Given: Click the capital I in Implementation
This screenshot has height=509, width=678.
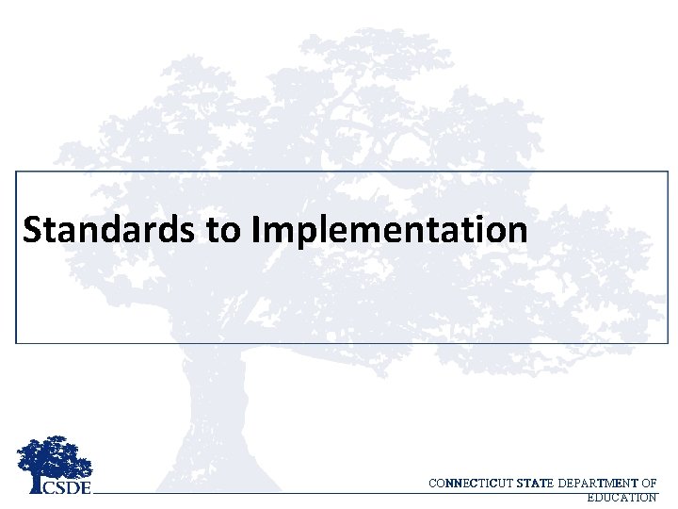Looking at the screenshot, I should pos(257,229).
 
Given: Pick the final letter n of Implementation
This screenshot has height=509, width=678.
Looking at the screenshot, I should pos(517,232).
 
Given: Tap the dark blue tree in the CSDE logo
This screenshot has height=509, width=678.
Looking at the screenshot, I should pos(54,458).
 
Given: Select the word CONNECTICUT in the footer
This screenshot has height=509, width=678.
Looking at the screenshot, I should pos(467,484).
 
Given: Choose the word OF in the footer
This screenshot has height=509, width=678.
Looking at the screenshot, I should pos(649,484).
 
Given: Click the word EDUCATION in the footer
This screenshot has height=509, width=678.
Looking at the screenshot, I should pos(621,498).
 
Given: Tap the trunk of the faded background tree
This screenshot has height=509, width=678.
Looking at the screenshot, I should pos(213,415).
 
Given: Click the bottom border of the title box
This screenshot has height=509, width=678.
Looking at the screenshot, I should pos(339,342).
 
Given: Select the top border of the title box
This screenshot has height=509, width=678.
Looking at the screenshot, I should pos(339,171).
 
